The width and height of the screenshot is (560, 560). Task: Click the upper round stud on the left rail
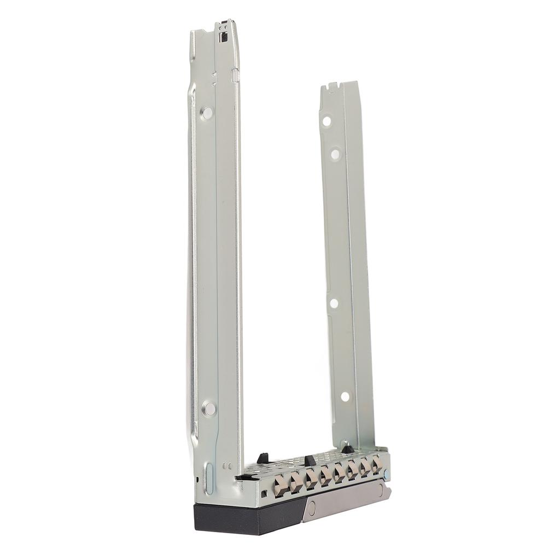point(207,113)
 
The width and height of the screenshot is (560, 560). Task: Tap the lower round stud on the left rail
point(208,408)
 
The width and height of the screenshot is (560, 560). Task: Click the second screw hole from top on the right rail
point(335,154)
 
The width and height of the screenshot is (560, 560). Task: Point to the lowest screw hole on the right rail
point(345,396)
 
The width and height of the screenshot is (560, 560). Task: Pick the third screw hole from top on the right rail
point(334,302)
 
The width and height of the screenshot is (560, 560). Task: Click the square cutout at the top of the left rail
point(223,37)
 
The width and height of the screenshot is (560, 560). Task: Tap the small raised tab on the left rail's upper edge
point(236,75)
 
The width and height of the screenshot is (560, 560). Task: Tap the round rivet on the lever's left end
point(312,507)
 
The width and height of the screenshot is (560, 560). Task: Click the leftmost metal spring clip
point(281,485)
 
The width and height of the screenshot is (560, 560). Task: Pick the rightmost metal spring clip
point(377,465)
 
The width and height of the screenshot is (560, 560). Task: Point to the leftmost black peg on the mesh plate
point(262,458)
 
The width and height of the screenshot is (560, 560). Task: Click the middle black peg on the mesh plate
point(310,460)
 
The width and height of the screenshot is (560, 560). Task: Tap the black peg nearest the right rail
point(347,449)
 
